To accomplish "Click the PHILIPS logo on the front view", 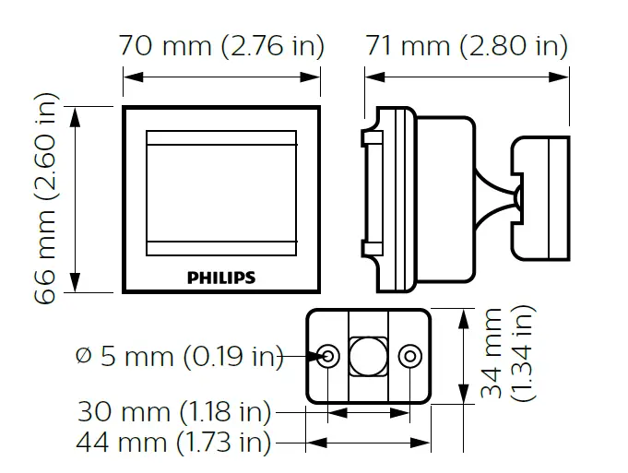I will pos(221,277).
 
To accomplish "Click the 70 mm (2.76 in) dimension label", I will pos(221,45).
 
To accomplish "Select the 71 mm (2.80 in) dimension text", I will pos(467,45).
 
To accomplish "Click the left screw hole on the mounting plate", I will pos(328,356).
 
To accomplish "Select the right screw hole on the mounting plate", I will pos(410,356).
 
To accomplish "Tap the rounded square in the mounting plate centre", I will pos(369,356).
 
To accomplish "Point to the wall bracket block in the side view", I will pos(543,198).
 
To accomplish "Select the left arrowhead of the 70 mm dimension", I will pos(127,77).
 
